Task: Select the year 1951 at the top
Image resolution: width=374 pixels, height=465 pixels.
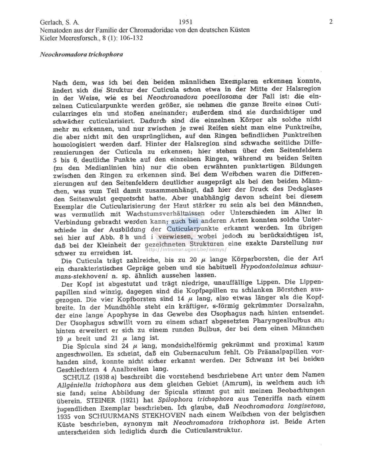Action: pos(186,22)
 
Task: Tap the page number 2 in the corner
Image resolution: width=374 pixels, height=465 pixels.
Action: pos(331,22)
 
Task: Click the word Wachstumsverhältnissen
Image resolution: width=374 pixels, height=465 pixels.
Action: pos(165,214)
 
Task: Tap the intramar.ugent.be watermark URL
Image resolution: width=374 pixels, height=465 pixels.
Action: pos(186,250)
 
